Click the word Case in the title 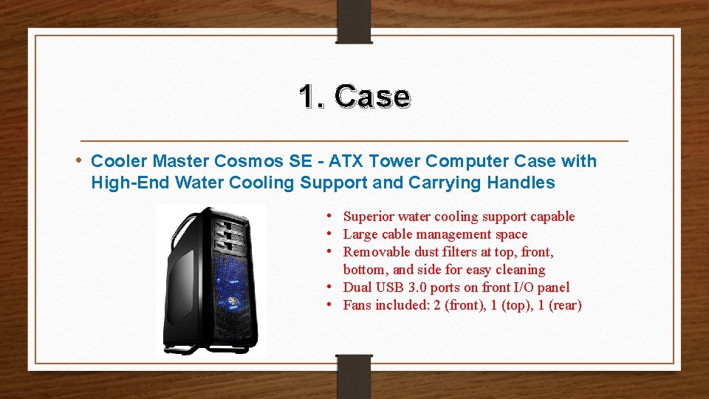pyautogui.click(x=371, y=97)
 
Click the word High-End pyautogui.click(x=124, y=183)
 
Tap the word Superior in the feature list pyautogui.click(x=369, y=216)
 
